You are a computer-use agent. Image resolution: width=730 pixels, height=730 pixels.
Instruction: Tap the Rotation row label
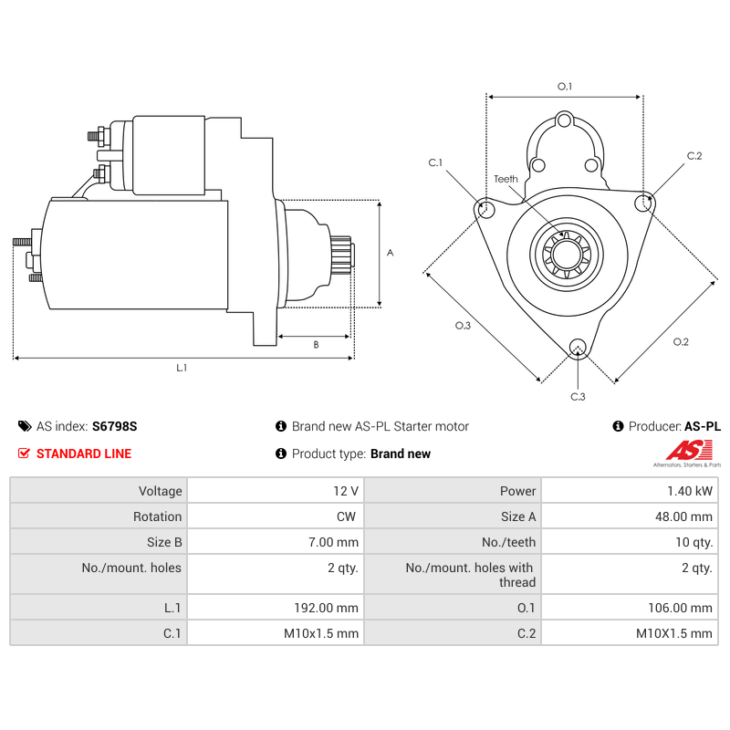[157, 516]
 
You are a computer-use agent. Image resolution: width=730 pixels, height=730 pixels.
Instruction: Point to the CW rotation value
[346, 516]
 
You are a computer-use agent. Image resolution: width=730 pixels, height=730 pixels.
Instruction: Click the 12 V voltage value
[346, 491]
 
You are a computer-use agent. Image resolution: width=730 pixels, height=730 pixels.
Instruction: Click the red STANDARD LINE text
[83, 454]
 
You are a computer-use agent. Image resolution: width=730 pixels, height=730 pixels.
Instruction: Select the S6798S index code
[114, 426]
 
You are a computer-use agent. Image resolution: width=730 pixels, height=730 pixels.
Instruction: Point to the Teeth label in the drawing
[506, 179]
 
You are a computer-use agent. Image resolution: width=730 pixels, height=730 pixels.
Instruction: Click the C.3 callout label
[578, 396]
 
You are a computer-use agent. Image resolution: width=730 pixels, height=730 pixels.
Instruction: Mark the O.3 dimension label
[463, 326]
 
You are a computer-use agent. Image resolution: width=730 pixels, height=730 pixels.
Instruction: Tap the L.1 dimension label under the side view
[182, 368]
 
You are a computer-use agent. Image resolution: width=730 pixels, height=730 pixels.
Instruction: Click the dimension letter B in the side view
[316, 345]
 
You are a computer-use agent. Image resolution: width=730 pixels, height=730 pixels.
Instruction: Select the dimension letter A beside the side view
[391, 253]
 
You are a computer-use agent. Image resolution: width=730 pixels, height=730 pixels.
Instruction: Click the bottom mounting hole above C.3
[577, 346]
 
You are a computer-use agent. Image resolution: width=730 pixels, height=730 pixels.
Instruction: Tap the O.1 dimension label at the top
[565, 87]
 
